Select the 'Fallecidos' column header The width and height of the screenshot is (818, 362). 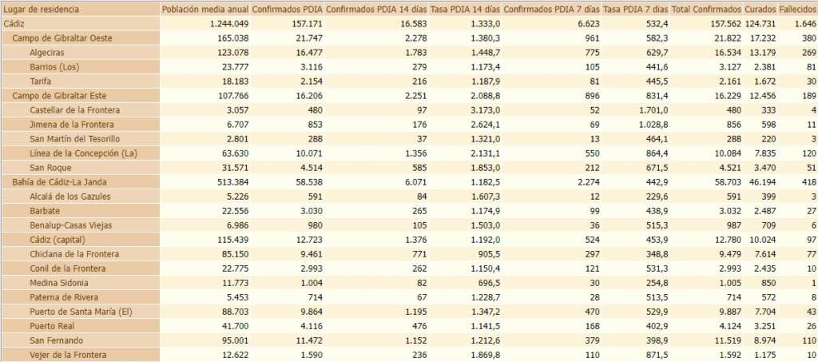click(797, 10)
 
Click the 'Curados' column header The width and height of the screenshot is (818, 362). click(760, 10)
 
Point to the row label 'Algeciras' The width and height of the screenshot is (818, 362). click(48, 53)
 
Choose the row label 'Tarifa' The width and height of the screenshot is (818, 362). click(41, 82)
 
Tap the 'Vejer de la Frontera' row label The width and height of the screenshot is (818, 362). click(68, 355)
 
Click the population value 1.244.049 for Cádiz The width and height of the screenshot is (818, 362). click(225, 24)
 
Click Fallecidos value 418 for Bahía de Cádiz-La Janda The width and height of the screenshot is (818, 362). click(808, 182)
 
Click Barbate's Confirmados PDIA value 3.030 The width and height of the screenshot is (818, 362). click(307, 211)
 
